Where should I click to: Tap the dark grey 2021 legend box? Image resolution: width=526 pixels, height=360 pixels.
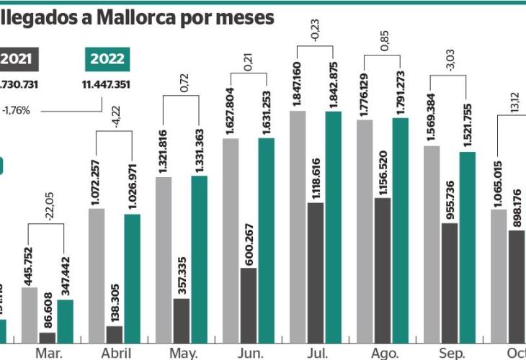(20, 59)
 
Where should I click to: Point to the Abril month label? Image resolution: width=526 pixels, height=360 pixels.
(115, 353)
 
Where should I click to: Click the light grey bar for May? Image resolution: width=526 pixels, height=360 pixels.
(164, 259)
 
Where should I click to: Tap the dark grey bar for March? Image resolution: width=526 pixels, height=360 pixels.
(48, 336)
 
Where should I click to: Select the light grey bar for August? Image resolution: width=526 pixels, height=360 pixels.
(365, 230)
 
